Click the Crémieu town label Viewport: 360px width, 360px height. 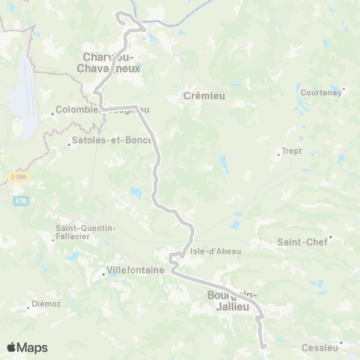click(x=199, y=97)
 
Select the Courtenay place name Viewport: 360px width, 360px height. click(x=320, y=92)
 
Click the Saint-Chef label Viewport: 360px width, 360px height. click(x=302, y=241)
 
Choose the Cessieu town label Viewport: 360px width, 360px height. click(x=319, y=348)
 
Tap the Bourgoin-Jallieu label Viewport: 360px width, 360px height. click(x=232, y=300)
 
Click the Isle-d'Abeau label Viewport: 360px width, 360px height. click(x=216, y=251)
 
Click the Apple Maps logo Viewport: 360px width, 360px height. click(x=27, y=347)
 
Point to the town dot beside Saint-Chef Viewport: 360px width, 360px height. click(x=330, y=238)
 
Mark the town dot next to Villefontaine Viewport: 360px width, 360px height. click(x=103, y=274)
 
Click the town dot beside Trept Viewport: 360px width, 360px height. click(x=278, y=154)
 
